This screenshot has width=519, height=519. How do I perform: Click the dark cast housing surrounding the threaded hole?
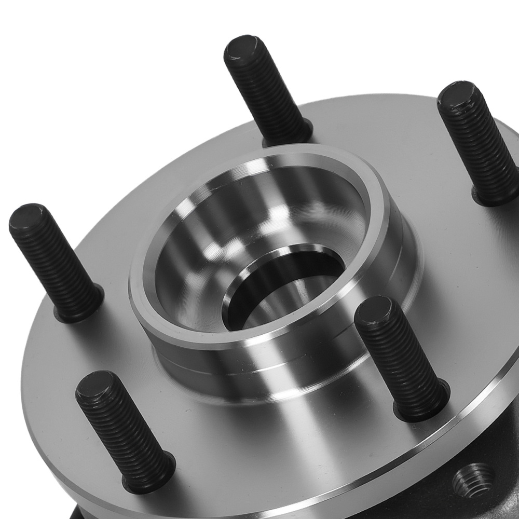click(498, 446)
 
